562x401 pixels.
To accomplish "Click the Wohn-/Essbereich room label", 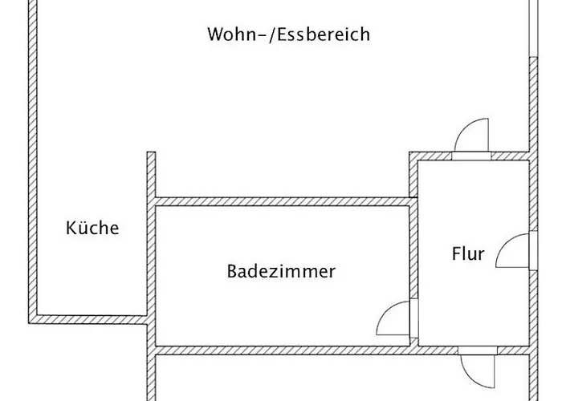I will pos(288,34).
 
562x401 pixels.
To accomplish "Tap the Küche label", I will pos(92,228).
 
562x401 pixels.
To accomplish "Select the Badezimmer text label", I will pos(281,271).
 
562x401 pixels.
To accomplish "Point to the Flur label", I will pos(468,254).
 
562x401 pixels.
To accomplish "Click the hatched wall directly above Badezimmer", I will pos(281,200).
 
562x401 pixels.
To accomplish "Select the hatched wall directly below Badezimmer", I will pos(281,350).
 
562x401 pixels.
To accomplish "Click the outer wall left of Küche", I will pos(34,160).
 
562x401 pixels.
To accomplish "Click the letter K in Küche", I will pos(71,228).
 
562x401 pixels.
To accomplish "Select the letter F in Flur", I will pos(456,254).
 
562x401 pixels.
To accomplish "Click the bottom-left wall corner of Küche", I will pos(35,318).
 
